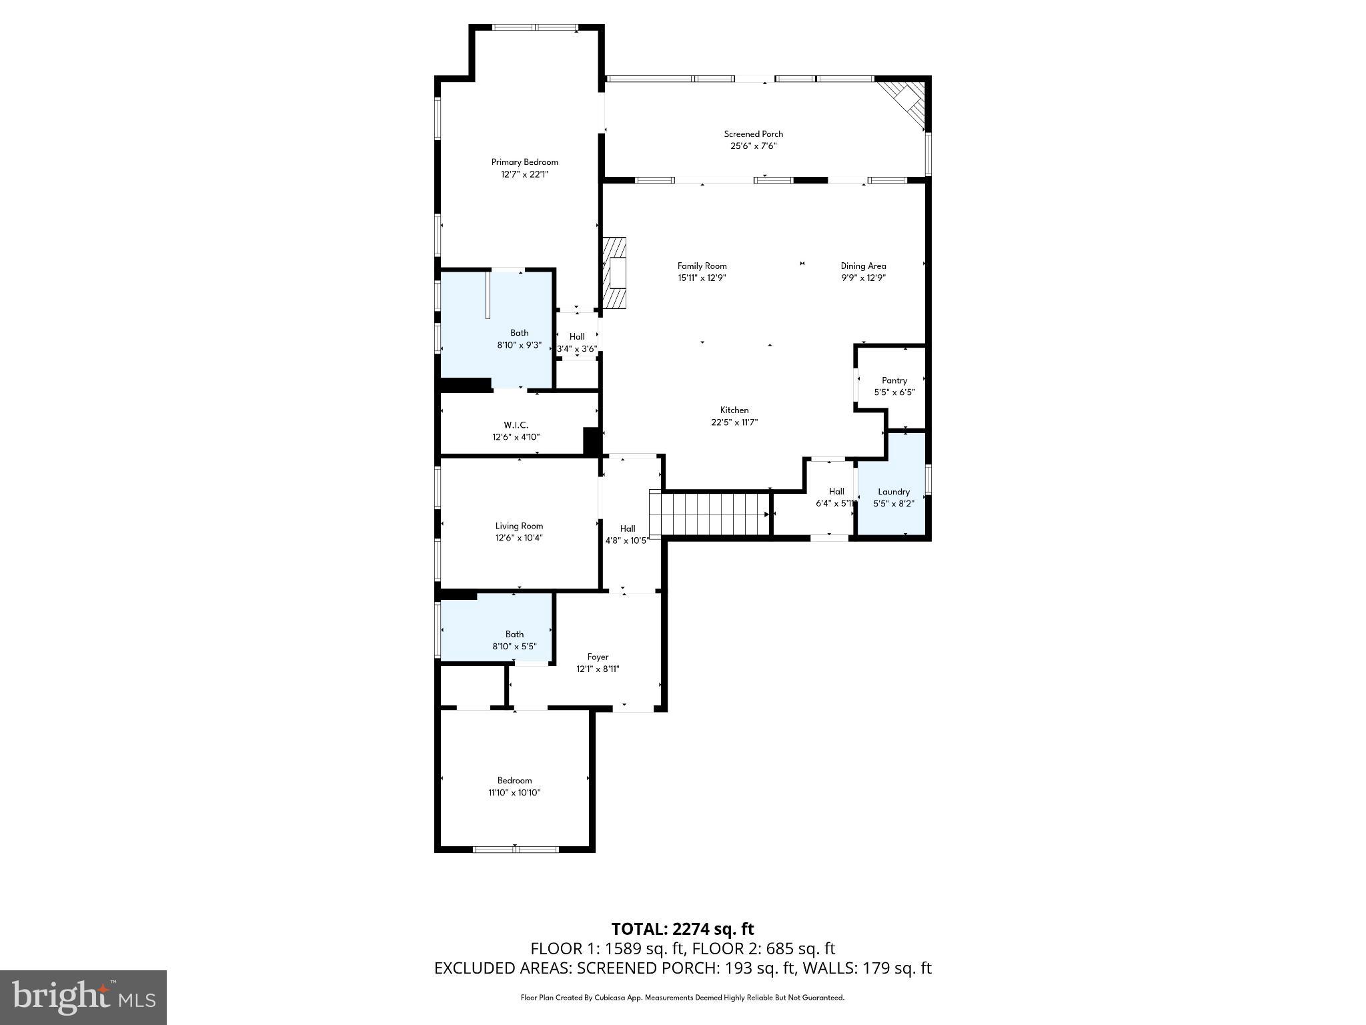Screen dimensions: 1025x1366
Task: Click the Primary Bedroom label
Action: [x=524, y=162]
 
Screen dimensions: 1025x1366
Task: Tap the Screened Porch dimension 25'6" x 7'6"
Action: [x=754, y=146]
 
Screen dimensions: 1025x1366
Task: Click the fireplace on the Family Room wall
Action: [x=614, y=273]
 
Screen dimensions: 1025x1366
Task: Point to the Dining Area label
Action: [x=863, y=266]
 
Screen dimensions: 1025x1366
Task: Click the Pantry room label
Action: [x=894, y=380]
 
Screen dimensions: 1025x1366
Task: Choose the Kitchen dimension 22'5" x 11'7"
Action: [x=734, y=422]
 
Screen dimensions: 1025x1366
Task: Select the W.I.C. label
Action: [x=516, y=425]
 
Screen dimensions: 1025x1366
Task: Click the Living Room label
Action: [x=519, y=526]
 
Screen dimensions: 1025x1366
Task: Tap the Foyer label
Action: [x=598, y=657]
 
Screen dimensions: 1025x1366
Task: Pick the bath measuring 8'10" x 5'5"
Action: [x=514, y=640]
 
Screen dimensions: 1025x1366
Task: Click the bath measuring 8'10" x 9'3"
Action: [x=519, y=339]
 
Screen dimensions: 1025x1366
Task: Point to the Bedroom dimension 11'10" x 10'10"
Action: [x=514, y=793]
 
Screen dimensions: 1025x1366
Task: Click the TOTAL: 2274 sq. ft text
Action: [x=682, y=929]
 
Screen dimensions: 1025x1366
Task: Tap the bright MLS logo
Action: [x=83, y=998]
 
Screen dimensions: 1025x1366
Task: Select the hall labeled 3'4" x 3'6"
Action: [x=577, y=342]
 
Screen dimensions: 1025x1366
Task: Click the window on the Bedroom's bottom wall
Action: [x=516, y=849]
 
